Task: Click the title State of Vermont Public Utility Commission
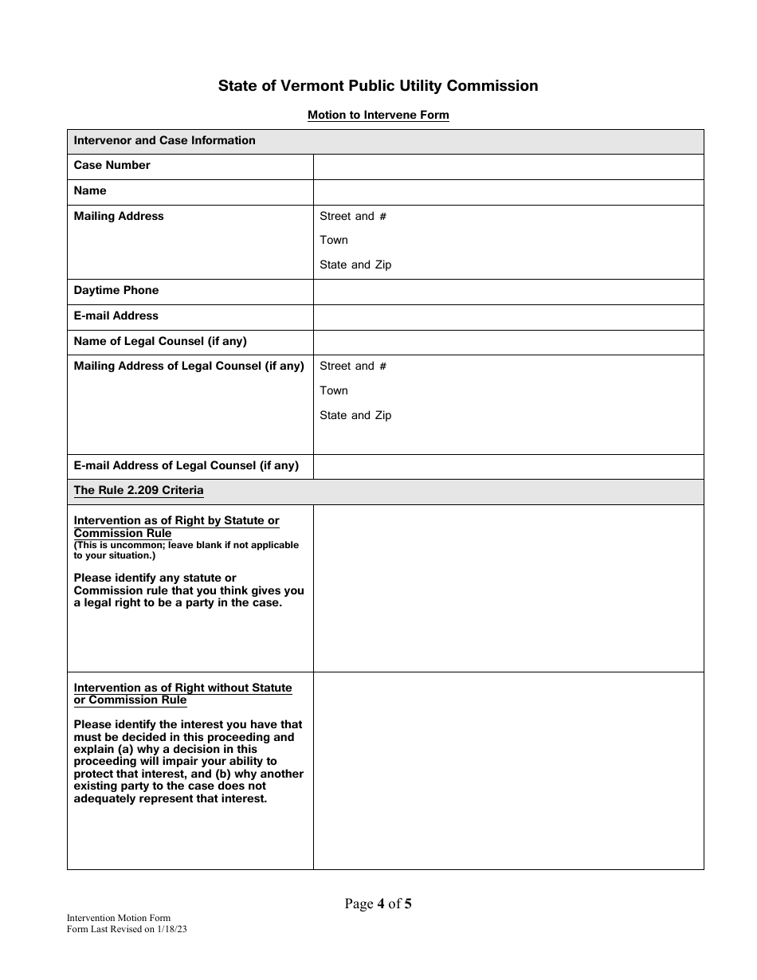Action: coord(378,86)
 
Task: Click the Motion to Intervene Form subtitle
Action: coord(378,115)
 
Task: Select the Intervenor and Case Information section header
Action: coord(164,140)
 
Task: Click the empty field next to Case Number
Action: coord(508,167)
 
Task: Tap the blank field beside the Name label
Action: coord(508,192)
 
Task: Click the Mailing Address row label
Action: coord(119,216)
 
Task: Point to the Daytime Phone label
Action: coord(116,290)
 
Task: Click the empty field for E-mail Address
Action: coord(508,316)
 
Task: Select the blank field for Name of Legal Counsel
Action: coord(508,342)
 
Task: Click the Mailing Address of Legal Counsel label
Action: coord(189,366)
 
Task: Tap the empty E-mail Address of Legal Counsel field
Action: coord(508,466)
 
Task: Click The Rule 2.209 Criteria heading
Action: coord(139,490)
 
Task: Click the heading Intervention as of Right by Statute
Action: coord(176,527)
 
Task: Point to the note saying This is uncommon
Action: coord(186,550)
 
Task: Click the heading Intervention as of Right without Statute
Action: coord(182,693)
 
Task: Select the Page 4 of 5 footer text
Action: coord(378,904)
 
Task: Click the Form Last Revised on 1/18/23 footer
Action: coord(127,929)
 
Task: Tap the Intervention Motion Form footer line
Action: coord(119,919)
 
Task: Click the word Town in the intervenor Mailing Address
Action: coord(334,240)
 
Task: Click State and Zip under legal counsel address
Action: coord(355,415)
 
